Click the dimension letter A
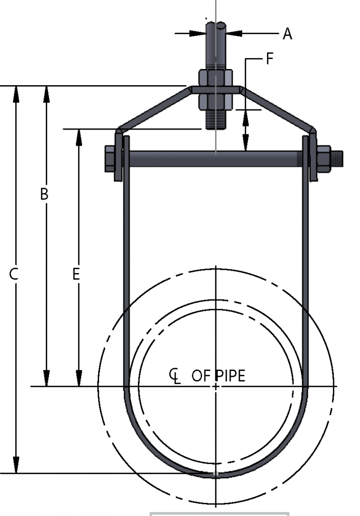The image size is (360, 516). click(x=287, y=34)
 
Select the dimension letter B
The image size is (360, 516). click(x=44, y=194)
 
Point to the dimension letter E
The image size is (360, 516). click(x=76, y=275)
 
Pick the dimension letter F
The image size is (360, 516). click(x=269, y=59)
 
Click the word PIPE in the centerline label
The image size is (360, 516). click(x=230, y=376)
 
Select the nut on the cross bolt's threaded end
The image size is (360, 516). click(x=324, y=158)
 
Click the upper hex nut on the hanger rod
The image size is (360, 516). click(x=216, y=78)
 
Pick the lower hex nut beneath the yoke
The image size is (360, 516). click(x=216, y=101)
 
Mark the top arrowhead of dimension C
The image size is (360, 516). click(x=16, y=93)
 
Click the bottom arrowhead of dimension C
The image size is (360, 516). click(x=16, y=466)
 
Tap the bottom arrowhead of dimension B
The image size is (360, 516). click(x=47, y=378)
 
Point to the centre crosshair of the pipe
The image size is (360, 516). click(x=215, y=386)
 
